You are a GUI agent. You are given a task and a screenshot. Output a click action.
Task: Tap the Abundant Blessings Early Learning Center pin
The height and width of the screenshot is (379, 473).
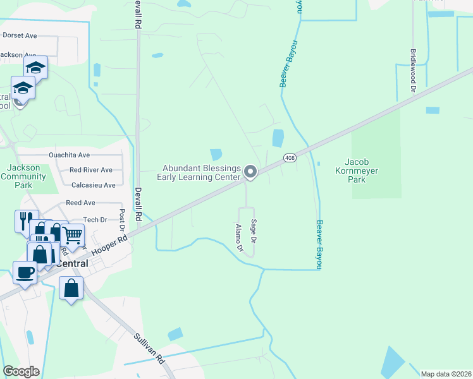click(250, 172)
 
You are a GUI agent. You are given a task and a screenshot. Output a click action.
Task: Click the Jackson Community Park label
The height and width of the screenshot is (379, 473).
click(24, 176)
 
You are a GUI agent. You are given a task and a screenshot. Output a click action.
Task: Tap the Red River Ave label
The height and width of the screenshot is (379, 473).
click(91, 170)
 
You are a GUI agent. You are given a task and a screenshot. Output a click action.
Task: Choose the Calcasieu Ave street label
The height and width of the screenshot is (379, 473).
click(94, 185)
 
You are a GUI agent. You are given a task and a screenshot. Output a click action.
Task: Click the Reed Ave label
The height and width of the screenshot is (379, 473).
click(80, 203)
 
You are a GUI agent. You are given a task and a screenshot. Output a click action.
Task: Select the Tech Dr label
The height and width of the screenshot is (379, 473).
click(95, 219)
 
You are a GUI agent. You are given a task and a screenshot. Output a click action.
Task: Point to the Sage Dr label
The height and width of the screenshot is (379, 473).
click(254, 231)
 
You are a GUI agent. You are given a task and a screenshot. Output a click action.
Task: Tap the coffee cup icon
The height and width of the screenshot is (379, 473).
click(25, 272)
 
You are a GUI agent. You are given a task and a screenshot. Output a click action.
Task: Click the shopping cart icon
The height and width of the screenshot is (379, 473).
click(73, 236)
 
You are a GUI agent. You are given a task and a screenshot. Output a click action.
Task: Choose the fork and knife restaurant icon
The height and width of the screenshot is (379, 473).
click(26, 220)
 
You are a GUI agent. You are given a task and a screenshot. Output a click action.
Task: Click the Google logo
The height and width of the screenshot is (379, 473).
click(21, 371)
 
